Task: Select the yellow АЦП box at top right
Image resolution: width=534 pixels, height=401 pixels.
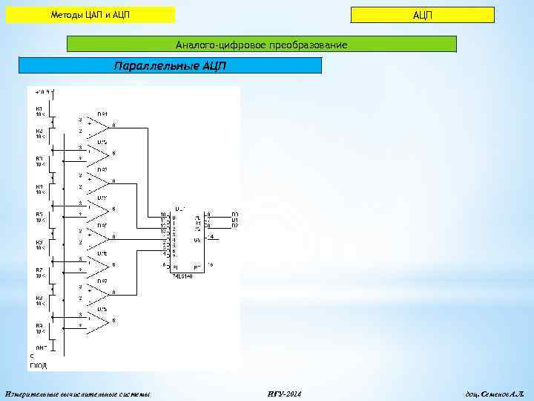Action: click(422, 16)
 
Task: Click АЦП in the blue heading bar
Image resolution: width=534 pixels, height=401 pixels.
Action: click(212, 65)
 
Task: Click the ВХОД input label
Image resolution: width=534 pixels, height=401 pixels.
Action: click(37, 365)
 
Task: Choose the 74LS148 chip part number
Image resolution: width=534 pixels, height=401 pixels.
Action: click(182, 276)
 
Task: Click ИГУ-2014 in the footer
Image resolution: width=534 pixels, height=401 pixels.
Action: click(283, 393)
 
